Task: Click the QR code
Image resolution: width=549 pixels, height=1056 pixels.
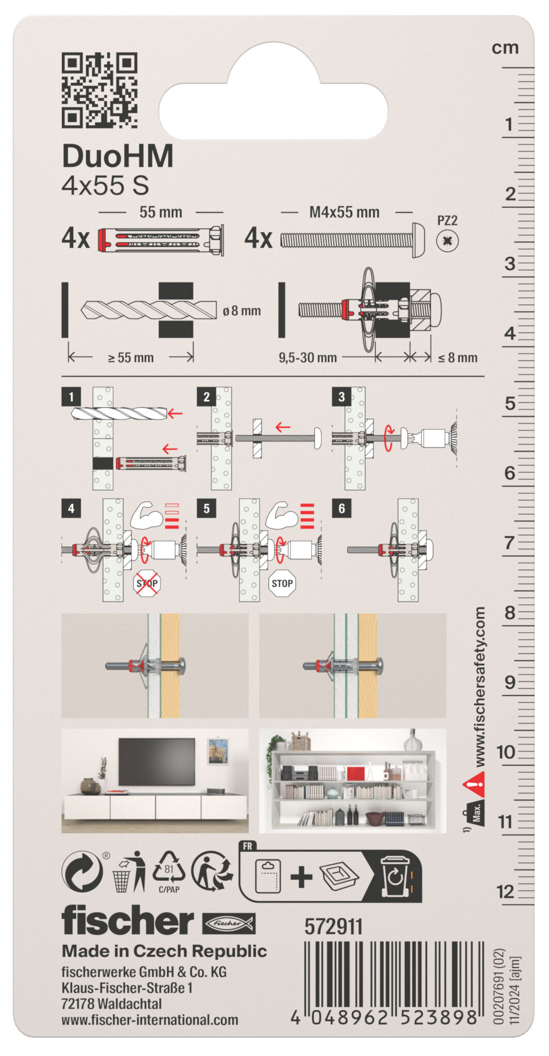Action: click(99, 90)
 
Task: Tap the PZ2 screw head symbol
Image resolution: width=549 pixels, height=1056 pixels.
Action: click(447, 240)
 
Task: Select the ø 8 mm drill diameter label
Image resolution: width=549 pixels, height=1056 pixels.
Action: click(241, 311)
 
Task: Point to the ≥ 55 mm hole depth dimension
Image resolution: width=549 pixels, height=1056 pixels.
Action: click(131, 357)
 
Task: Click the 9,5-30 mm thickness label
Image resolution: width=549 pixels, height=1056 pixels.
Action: click(308, 357)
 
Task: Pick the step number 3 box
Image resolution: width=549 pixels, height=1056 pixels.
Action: click(342, 397)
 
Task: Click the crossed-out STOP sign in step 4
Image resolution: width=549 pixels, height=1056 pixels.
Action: click(147, 584)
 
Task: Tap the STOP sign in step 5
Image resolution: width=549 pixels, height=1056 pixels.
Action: click(282, 584)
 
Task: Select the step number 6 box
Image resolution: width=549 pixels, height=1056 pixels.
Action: click(342, 508)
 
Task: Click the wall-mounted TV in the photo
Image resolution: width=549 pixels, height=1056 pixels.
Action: click(157, 762)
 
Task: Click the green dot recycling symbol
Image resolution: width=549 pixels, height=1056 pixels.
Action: click(82, 871)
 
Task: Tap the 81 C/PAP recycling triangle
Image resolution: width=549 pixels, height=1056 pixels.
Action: click(169, 870)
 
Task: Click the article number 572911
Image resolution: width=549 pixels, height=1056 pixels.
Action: click(333, 927)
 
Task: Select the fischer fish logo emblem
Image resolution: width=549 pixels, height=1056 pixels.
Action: click(228, 923)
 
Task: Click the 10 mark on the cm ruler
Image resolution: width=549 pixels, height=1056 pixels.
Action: click(506, 752)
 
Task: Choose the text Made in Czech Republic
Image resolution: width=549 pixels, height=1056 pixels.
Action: click(164, 951)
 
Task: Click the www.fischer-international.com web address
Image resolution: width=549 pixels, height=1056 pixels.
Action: click(150, 1019)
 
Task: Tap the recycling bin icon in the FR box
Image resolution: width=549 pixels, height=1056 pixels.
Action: click(395, 877)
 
